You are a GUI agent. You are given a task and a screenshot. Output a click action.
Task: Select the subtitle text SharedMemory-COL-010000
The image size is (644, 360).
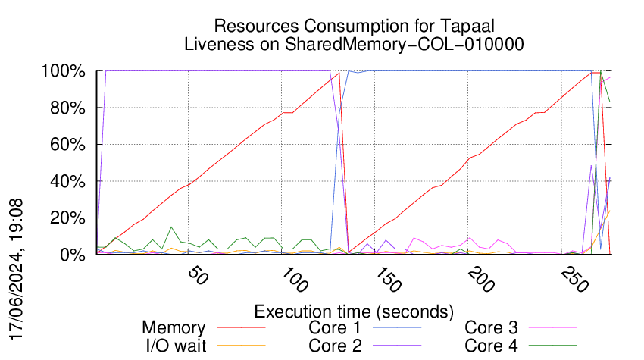(x=405, y=44)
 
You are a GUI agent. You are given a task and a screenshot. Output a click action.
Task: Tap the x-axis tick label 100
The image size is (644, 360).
(x=292, y=281)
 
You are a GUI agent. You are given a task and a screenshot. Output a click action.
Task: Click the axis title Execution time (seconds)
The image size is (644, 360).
(x=354, y=311)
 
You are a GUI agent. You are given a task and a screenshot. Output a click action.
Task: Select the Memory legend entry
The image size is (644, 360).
(x=174, y=328)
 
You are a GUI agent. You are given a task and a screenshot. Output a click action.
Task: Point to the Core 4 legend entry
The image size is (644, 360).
(x=491, y=345)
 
